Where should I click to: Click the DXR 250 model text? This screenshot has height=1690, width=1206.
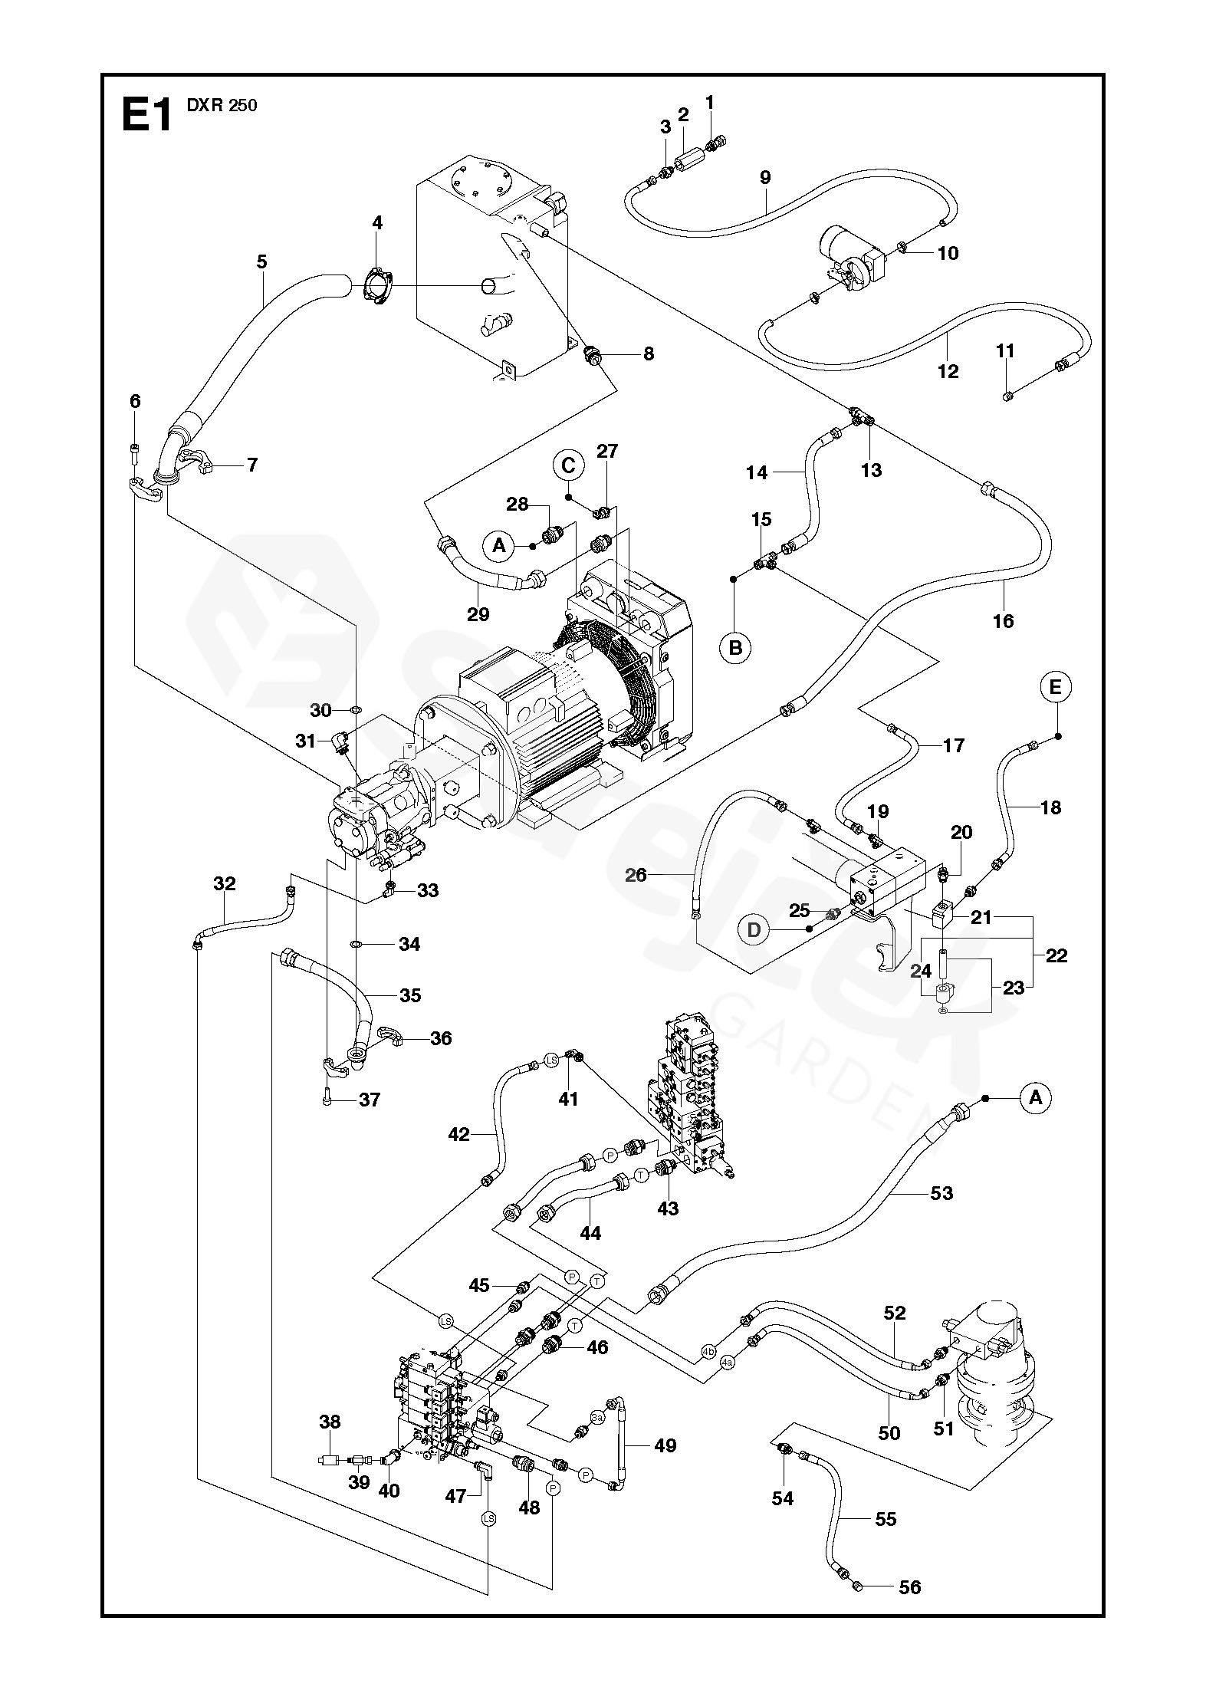point(222,106)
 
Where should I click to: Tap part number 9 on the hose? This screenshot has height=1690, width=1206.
point(765,178)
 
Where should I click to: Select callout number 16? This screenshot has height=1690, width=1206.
point(1003,620)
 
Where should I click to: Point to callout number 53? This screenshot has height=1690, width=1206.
point(941,1214)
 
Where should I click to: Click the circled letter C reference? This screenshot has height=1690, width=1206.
point(568,465)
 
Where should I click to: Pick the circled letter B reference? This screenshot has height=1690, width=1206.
point(735,648)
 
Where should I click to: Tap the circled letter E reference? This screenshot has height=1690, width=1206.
point(1056,688)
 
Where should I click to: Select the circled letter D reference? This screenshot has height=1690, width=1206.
point(754,929)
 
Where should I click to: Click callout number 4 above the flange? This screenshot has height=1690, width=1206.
point(377,223)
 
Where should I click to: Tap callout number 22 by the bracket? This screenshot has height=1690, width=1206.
point(1056,955)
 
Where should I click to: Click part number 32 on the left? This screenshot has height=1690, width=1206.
point(225,883)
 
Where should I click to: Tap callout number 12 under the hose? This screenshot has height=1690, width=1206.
point(948,371)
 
